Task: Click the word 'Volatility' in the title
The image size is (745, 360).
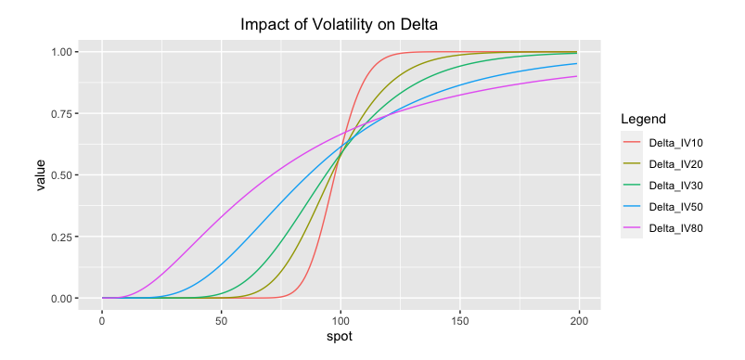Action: pyautogui.click(x=338, y=24)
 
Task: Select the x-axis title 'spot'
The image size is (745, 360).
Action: pyautogui.click(x=340, y=337)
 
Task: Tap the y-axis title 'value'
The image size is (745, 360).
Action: pyautogui.click(x=41, y=174)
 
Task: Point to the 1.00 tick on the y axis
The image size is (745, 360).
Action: pyautogui.click(x=65, y=51)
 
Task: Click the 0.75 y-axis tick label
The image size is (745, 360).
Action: pyautogui.click(x=65, y=113)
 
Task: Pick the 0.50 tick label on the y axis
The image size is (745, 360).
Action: pyautogui.click(x=65, y=174)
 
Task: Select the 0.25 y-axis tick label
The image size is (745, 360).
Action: pyautogui.click(x=65, y=237)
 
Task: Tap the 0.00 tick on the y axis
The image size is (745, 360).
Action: pyautogui.click(x=65, y=298)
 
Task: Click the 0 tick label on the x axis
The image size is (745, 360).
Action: pyautogui.click(x=102, y=320)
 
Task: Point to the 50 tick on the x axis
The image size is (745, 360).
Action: pyautogui.click(x=221, y=320)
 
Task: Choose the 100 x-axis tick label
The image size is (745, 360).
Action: pyautogui.click(x=340, y=320)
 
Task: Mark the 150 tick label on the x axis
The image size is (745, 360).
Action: pyautogui.click(x=459, y=320)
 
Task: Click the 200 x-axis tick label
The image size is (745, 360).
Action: pyautogui.click(x=578, y=320)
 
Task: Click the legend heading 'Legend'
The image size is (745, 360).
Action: pyautogui.click(x=642, y=120)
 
